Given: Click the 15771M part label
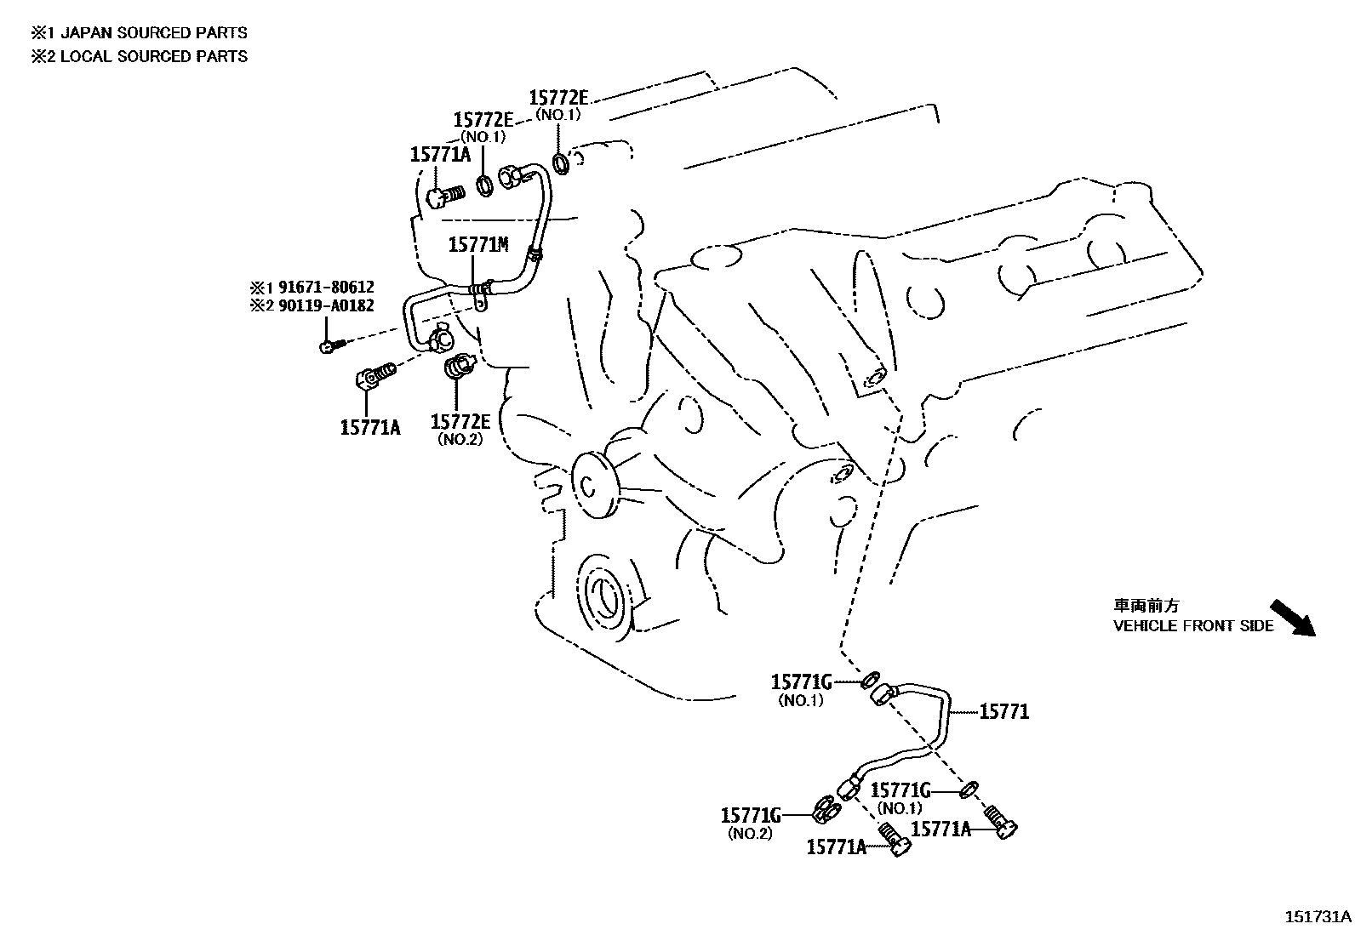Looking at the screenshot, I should pos(477,245).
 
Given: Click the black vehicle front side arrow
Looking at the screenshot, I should pos(1292,618).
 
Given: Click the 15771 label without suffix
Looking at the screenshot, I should pos(1003,711).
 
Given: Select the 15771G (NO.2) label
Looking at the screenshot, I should pos(751,816).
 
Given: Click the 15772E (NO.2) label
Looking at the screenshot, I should pos(460,422).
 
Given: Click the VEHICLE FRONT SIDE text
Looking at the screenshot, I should pos(1193,626).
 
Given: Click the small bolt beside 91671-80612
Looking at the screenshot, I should pos(330,345).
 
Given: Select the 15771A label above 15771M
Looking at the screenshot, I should pos(440,155).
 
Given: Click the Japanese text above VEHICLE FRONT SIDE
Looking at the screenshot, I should pos(1146,606).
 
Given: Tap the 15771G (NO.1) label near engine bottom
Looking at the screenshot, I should pos(801,682).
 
